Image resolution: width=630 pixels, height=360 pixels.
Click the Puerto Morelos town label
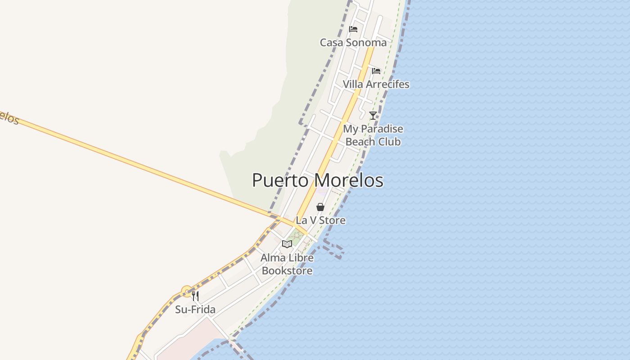pos(317,180)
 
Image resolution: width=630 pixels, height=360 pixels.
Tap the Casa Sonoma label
pos(353,42)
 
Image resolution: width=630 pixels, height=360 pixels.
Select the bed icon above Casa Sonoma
pos(353,29)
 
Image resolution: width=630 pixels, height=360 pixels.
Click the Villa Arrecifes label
pos(376,84)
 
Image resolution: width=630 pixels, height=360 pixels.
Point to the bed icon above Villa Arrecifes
pos(376,71)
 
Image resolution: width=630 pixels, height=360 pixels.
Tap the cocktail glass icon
pos(373,115)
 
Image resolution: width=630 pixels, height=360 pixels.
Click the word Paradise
pos(382,129)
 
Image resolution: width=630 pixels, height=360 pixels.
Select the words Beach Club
pos(373,142)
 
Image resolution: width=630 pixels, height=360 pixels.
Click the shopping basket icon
pos(320,207)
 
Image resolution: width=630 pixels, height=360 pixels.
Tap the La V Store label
pos(320,220)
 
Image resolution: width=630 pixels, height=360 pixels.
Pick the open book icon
pos(287,244)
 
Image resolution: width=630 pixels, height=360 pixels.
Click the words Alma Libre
pos(287,258)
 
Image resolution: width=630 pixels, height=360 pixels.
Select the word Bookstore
pos(287,271)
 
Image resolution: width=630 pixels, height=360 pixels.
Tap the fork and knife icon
pos(195,296)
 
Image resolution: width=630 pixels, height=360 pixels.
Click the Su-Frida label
pos(195,310)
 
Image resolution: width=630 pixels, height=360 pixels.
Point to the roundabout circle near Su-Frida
pos(187,291)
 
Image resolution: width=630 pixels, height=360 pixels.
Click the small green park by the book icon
pos(296,237)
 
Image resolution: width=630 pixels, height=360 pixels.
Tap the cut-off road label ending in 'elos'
pos(8,117)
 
